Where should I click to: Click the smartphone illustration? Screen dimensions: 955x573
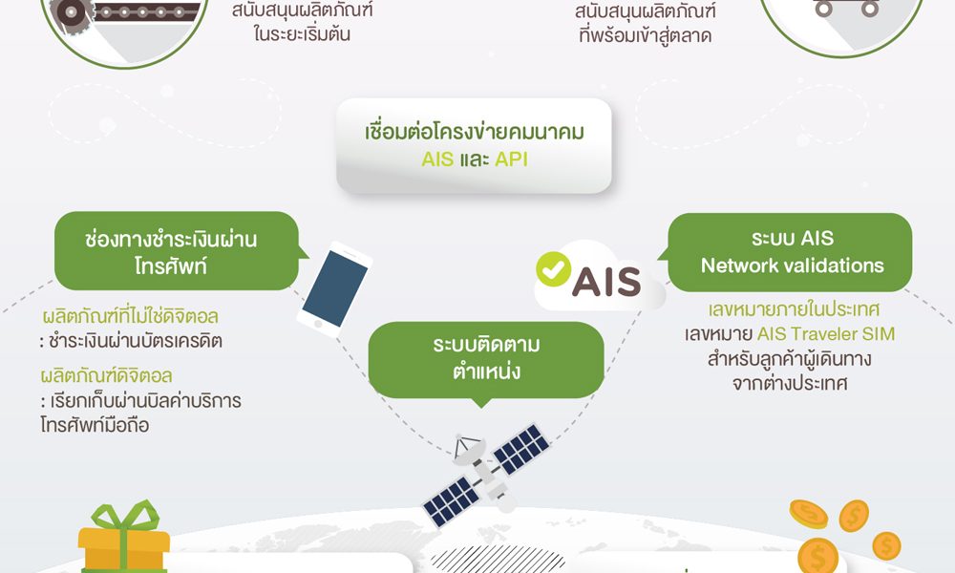pos(334,289)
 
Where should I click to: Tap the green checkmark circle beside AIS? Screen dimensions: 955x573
pos(553,269)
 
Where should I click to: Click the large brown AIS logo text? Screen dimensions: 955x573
pos(606,282)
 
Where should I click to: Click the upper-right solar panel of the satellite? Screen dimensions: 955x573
pos(520,449)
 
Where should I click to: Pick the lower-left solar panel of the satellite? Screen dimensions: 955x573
pos(452,501)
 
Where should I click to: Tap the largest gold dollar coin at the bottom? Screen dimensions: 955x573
pos(817,556)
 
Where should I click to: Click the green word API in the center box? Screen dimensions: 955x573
pos(511,159)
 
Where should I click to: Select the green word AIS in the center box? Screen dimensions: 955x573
pos(437,159)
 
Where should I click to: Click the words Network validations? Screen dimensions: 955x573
pos(793,265)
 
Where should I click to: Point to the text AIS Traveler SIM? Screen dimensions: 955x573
pos(826,333)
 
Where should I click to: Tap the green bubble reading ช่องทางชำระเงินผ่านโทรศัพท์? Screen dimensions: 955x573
pos(177,251)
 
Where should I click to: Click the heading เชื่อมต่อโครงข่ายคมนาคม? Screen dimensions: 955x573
pos(475,132)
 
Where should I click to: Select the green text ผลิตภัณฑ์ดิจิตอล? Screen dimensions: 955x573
pos(107,375)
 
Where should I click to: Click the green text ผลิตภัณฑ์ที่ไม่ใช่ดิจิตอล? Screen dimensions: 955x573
pos(130,316)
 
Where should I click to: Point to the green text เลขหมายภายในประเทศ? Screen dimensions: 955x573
pos(794,309)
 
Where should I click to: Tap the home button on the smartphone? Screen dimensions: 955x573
pos(318,324)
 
